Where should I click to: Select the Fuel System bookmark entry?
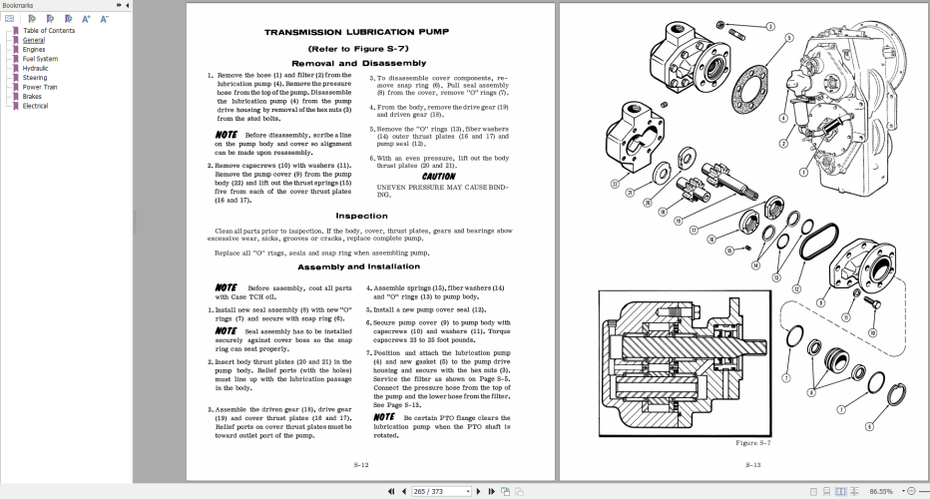click(40, 59)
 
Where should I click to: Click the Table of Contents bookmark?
click(48, 31)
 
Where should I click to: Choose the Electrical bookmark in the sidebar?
click(35, 106)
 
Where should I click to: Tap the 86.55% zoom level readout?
click(881, 491)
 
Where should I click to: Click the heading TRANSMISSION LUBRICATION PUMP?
click(356, 32)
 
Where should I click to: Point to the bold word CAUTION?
click(439, 177)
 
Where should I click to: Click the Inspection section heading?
click(361, 216)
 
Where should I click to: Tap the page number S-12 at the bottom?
click(361, 465)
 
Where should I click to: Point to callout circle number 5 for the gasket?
click(788, 39)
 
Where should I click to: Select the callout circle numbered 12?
click(795, 289)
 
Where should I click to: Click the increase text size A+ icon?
click(87, 18)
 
